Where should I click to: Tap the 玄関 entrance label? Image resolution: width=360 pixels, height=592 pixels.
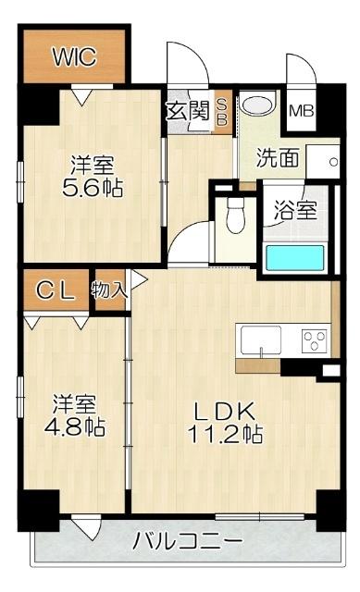(186, 112)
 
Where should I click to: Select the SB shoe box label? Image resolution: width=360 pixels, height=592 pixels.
(222, 113)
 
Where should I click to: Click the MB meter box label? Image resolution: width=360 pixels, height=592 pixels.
(301, 111)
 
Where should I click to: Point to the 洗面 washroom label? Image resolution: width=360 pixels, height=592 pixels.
(279, 158)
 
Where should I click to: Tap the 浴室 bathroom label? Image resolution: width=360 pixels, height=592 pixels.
(296, 209)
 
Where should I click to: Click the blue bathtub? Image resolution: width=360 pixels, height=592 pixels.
(297, 256)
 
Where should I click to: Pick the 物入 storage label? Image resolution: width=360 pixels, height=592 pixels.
(109, 290)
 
